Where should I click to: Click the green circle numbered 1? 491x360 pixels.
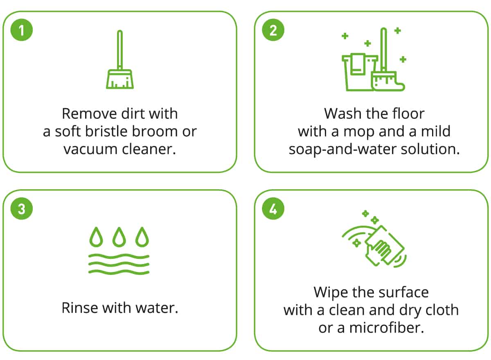(21, 30)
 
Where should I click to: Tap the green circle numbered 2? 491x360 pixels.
(273, 30)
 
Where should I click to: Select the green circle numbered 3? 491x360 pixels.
(21, 208)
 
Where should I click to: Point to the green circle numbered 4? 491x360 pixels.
(273, 208)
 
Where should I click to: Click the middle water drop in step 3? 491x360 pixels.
(119, 237)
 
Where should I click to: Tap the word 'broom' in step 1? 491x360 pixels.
(155, 131)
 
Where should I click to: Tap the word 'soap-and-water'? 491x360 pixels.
(343, 149)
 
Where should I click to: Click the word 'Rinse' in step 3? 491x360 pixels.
(80, 308)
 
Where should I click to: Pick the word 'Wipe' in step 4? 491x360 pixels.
(331, 293)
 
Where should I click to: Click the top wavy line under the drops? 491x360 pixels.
(119, 256)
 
